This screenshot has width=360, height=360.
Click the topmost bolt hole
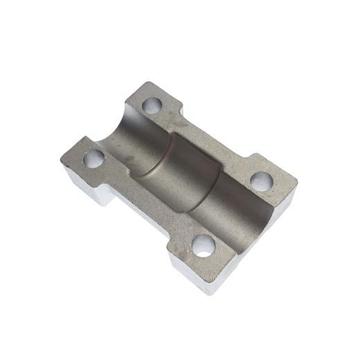point(152,106)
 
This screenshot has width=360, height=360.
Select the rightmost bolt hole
point(262,182)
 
